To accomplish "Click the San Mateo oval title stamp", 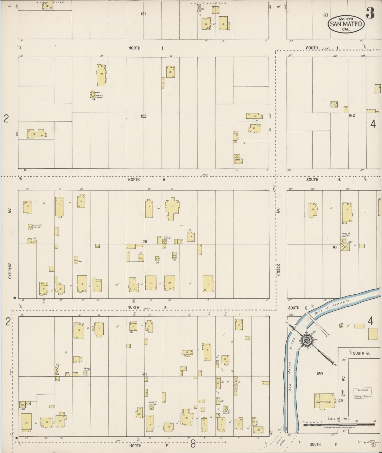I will tap(346, 24).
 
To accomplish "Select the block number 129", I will tap(144, 116).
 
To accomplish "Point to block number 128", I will tap(144, 242).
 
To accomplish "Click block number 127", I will tap(144, 374).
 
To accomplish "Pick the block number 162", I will tap(352, 115).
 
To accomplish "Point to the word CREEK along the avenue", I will tap(279, 270).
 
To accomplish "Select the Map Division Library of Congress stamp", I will tap(363, 393).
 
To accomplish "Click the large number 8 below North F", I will tap(193, 445).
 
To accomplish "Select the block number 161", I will tap(335, 247).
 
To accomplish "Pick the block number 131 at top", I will tap(144, 14).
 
